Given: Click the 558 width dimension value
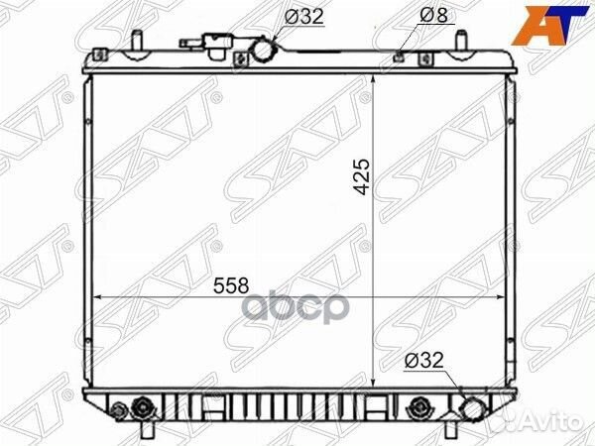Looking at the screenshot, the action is click(231, 285).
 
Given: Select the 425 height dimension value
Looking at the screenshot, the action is click(362, 176).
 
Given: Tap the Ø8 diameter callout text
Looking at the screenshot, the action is click(433, 15).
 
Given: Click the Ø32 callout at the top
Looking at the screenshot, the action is click(304, 16).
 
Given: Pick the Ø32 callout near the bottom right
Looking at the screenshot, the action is click(423, 360).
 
